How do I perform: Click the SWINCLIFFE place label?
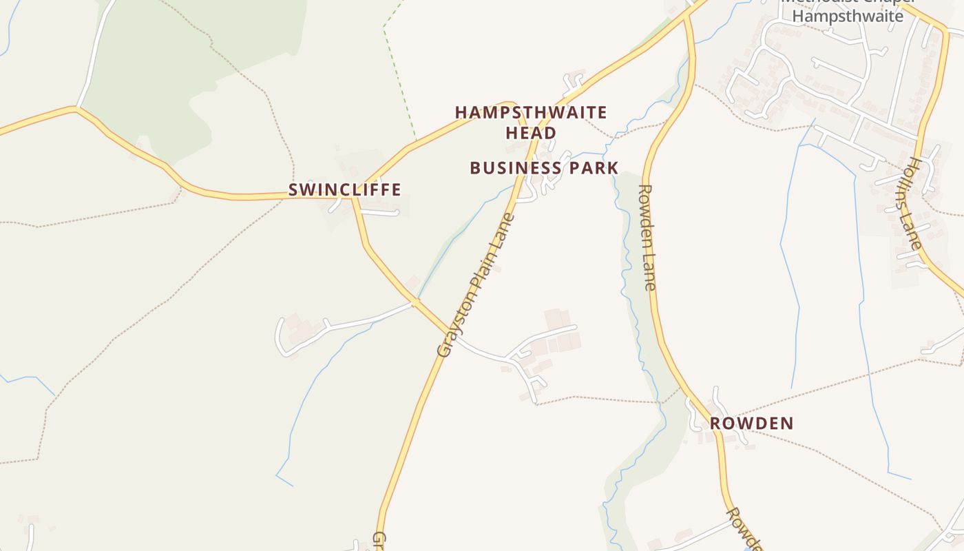(344, 190)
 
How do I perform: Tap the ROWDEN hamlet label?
(751, 424)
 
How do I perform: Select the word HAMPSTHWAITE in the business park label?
(531, 112)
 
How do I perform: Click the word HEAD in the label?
(531, 133)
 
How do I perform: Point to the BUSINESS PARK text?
(544, 168)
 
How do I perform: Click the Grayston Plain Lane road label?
(476, 285)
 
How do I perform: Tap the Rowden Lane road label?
(648, 237)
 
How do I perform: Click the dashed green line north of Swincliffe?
(399, 76)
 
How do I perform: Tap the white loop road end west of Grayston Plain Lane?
(280, 337)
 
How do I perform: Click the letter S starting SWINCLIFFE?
(293, 190)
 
